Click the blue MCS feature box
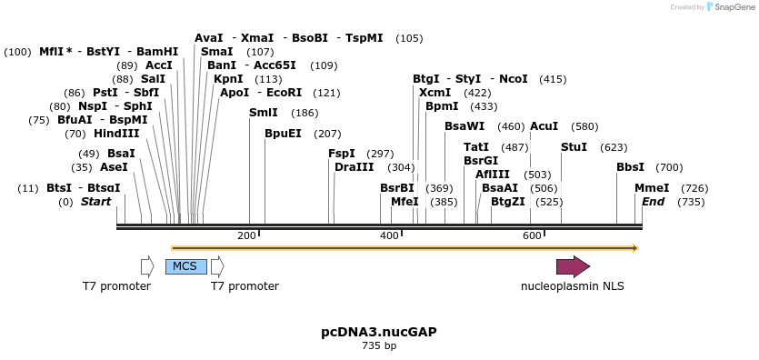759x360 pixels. (x=185, y=266)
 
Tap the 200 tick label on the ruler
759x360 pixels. (x=246, y=236)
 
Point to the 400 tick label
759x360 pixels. (x=389, y=236)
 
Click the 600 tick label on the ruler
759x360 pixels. (x=532, y=236)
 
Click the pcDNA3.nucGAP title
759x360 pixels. (x=379, y=332)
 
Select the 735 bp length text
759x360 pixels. (x=379, y=345)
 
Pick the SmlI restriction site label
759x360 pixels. (x=264, y=113)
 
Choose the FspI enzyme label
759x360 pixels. (x=342, y=154)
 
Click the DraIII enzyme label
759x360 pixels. (x=354, y=167)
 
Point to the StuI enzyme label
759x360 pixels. (x=574, y=147)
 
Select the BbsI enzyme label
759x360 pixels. (x=630, y=167)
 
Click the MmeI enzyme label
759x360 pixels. (x=652, y=188)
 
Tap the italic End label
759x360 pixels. (x=653, y=202)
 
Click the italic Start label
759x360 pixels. (x=95, y=202)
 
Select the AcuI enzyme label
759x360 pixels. (x=544, y=126)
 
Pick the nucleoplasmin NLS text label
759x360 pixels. (x=573, y=286)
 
